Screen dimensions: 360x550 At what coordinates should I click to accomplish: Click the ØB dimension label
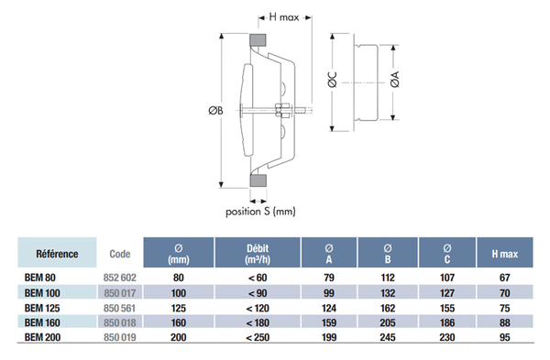coord(212,111)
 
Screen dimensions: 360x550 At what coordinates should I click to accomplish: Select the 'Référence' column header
coord(56,253)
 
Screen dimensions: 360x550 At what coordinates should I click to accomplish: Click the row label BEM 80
coord(40,278)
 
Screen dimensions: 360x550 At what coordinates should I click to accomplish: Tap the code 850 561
coord(115,308)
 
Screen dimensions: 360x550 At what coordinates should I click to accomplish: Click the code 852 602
coord(115,278)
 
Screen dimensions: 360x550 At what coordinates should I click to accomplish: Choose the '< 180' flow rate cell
coord(257,322)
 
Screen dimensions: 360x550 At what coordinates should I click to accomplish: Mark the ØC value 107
coord(446,278)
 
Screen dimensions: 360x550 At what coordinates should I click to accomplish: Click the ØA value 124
coord(329,308)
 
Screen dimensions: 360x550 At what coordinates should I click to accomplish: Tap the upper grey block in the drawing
coord(257,42)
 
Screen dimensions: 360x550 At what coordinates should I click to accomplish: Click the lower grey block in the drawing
coord(258,180)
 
